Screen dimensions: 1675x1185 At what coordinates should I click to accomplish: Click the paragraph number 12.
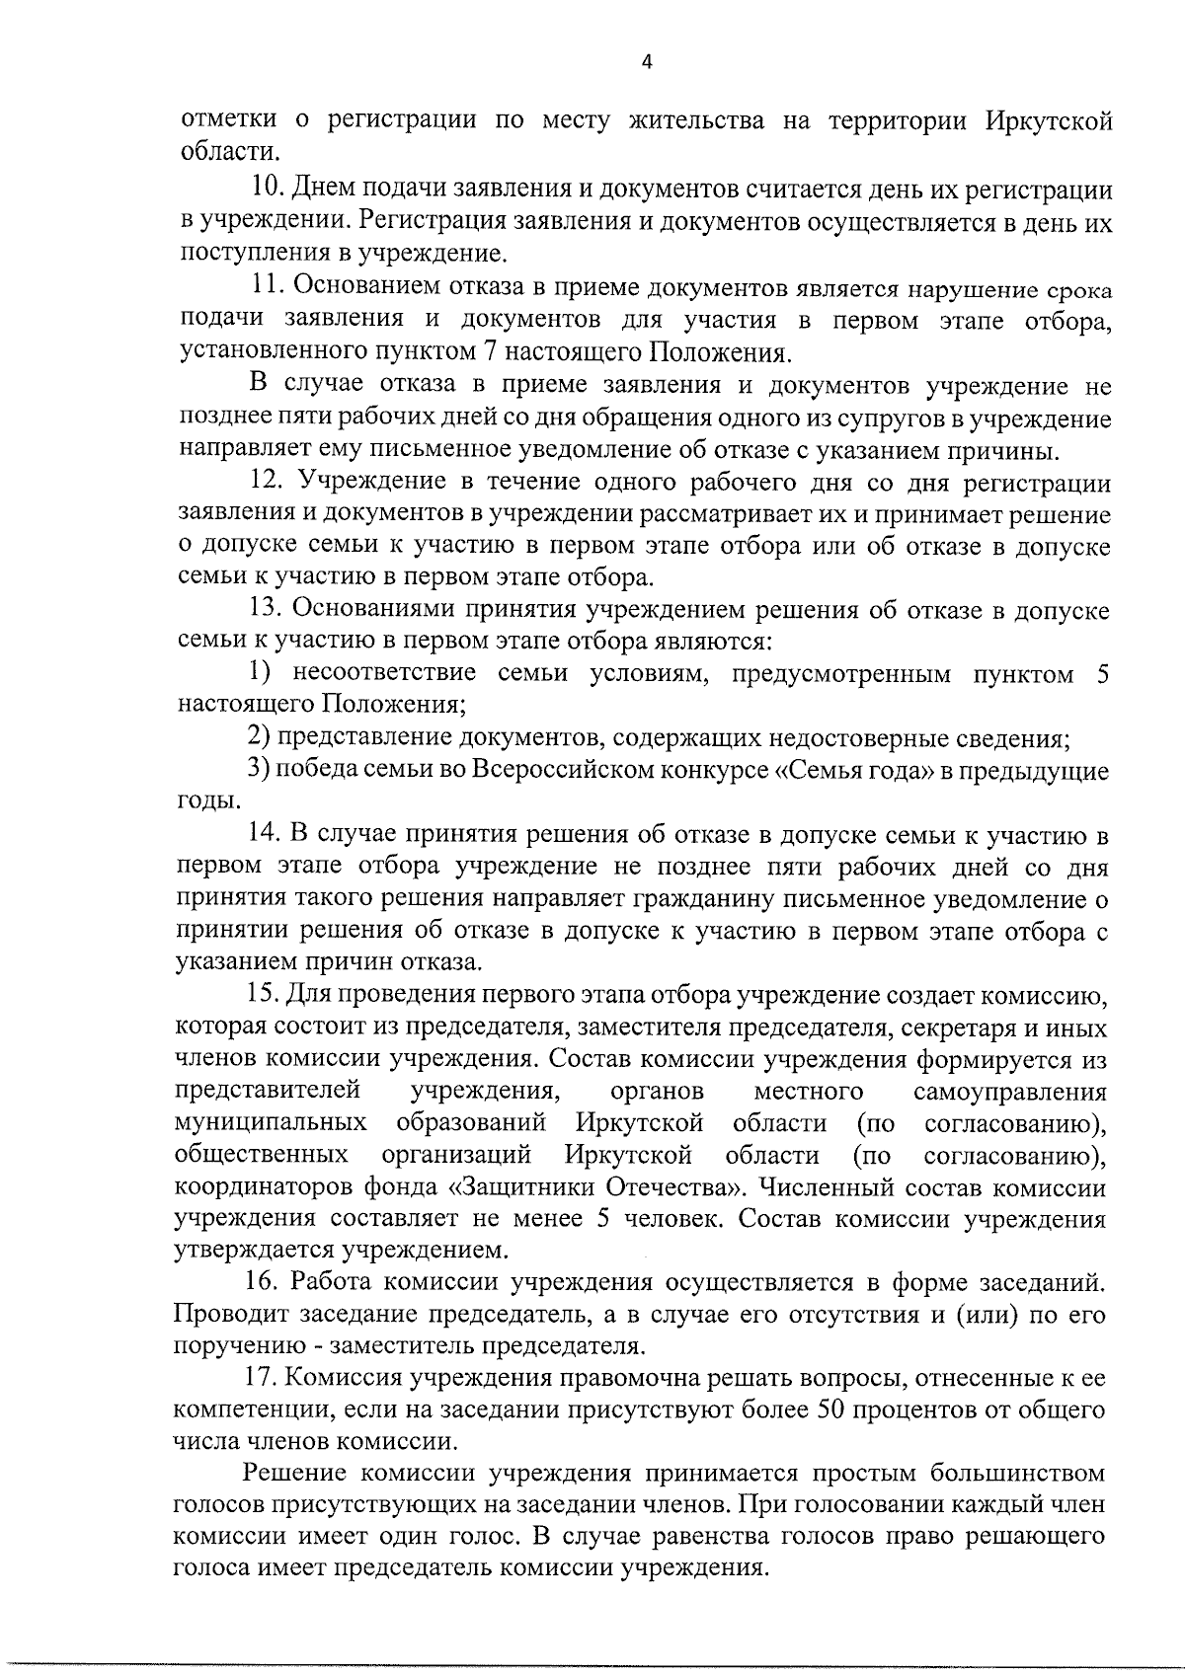pos(267,483)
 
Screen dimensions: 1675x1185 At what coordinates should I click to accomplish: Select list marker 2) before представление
pos(258,737)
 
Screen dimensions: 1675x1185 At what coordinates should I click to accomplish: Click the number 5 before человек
pos(601,1218)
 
